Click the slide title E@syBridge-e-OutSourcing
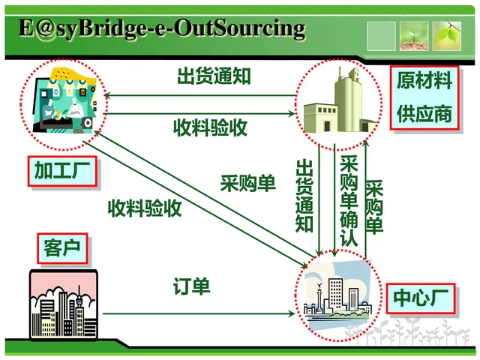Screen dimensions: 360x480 pyautogui.click(x=162, y=28)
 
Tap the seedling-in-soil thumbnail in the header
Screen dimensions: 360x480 pyautogui.click(x=414, y=35)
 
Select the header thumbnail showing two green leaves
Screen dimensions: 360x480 pyautogui.click(x=451, y=35)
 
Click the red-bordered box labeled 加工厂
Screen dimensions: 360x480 pyautogui.click(x=63, y=172)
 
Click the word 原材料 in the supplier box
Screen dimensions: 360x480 pyautogui.click(x=424, y=81)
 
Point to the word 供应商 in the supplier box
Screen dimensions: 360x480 pyautogui.click(x=424, y=113)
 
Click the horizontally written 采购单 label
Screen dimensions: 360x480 pyautogui.click(x=247, y=182)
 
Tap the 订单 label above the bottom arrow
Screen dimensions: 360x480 pyautogui.click(x=192, y=286)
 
